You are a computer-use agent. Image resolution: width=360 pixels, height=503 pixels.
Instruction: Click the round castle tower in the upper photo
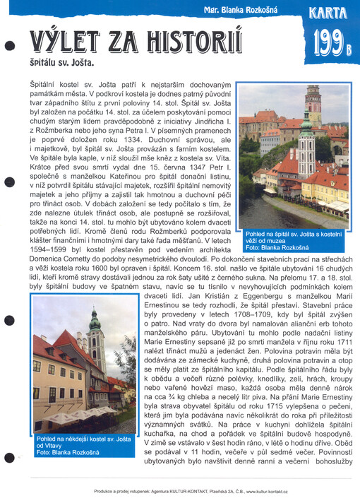tap(313, 102)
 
